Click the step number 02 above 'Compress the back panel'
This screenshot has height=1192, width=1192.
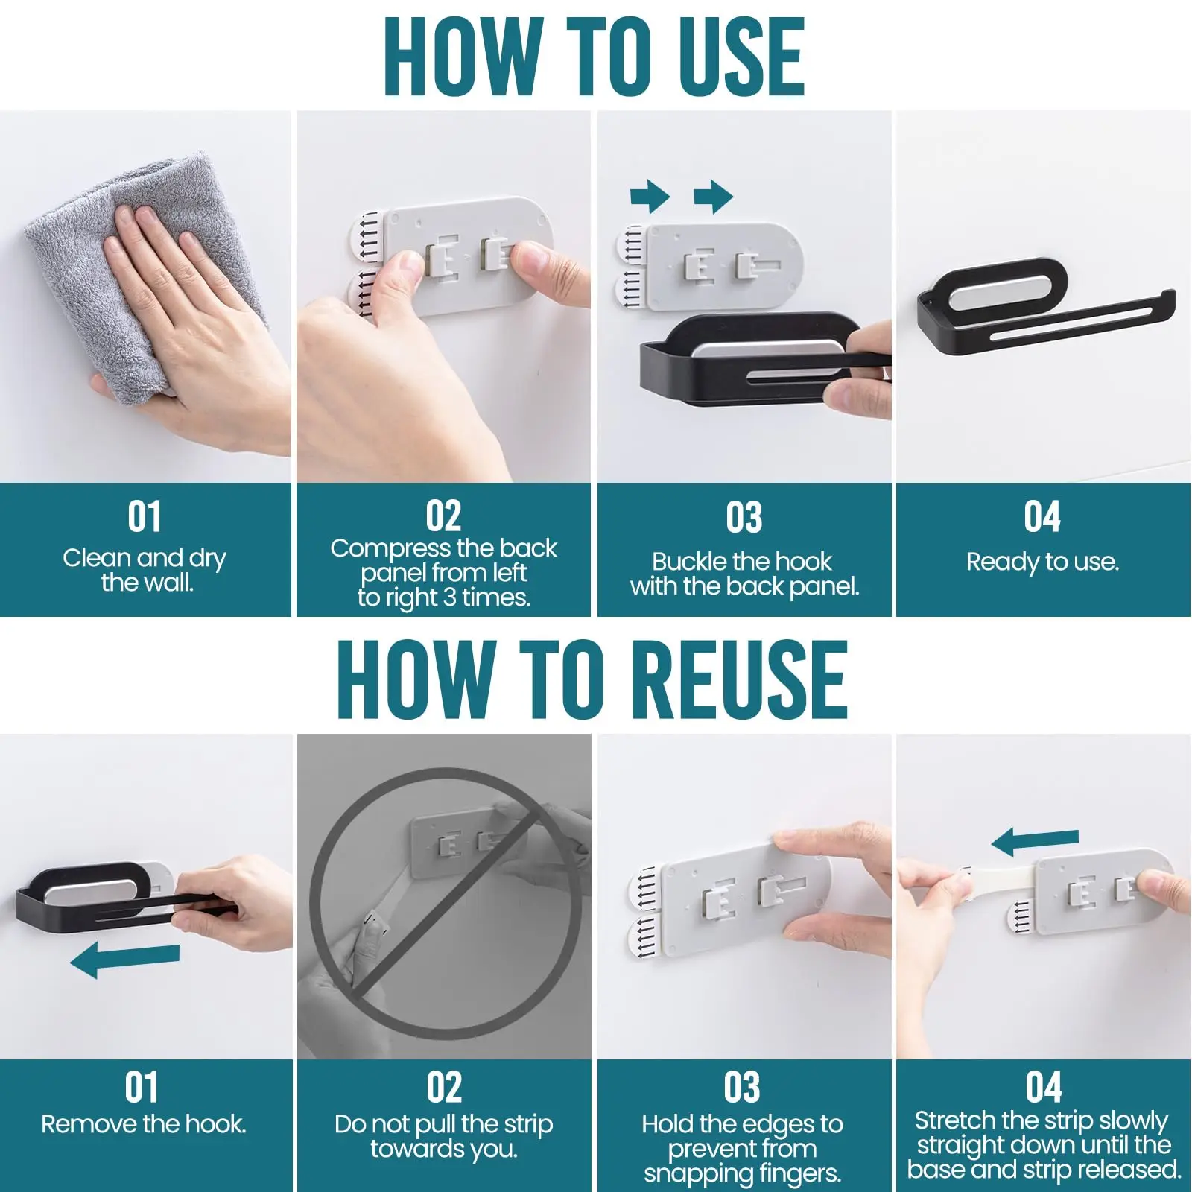pos(443,516)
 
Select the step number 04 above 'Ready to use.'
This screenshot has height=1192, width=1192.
pos(1042,516)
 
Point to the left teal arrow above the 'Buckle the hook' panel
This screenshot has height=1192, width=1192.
pos(650,197)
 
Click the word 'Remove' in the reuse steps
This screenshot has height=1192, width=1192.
pos(81,1123)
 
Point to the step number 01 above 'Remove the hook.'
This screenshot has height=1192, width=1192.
pos(142,1087)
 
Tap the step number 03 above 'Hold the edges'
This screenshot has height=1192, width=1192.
pos(742,1087)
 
